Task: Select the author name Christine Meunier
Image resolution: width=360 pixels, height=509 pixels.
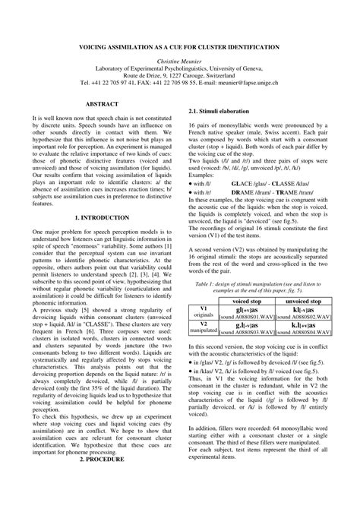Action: pyautogui.click(x=179, y=60)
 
